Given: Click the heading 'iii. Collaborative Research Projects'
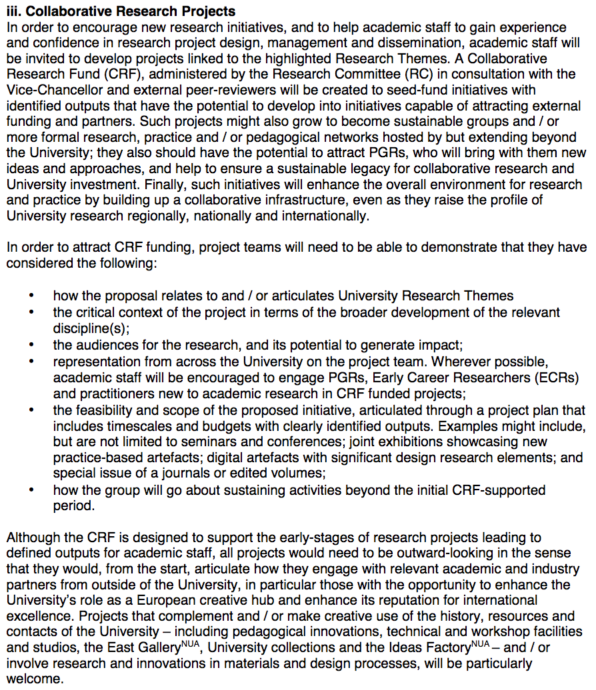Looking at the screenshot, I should click(121, 11).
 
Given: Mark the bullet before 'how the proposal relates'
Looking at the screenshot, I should click(31, 296).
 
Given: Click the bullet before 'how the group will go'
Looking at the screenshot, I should click(31, 490).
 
